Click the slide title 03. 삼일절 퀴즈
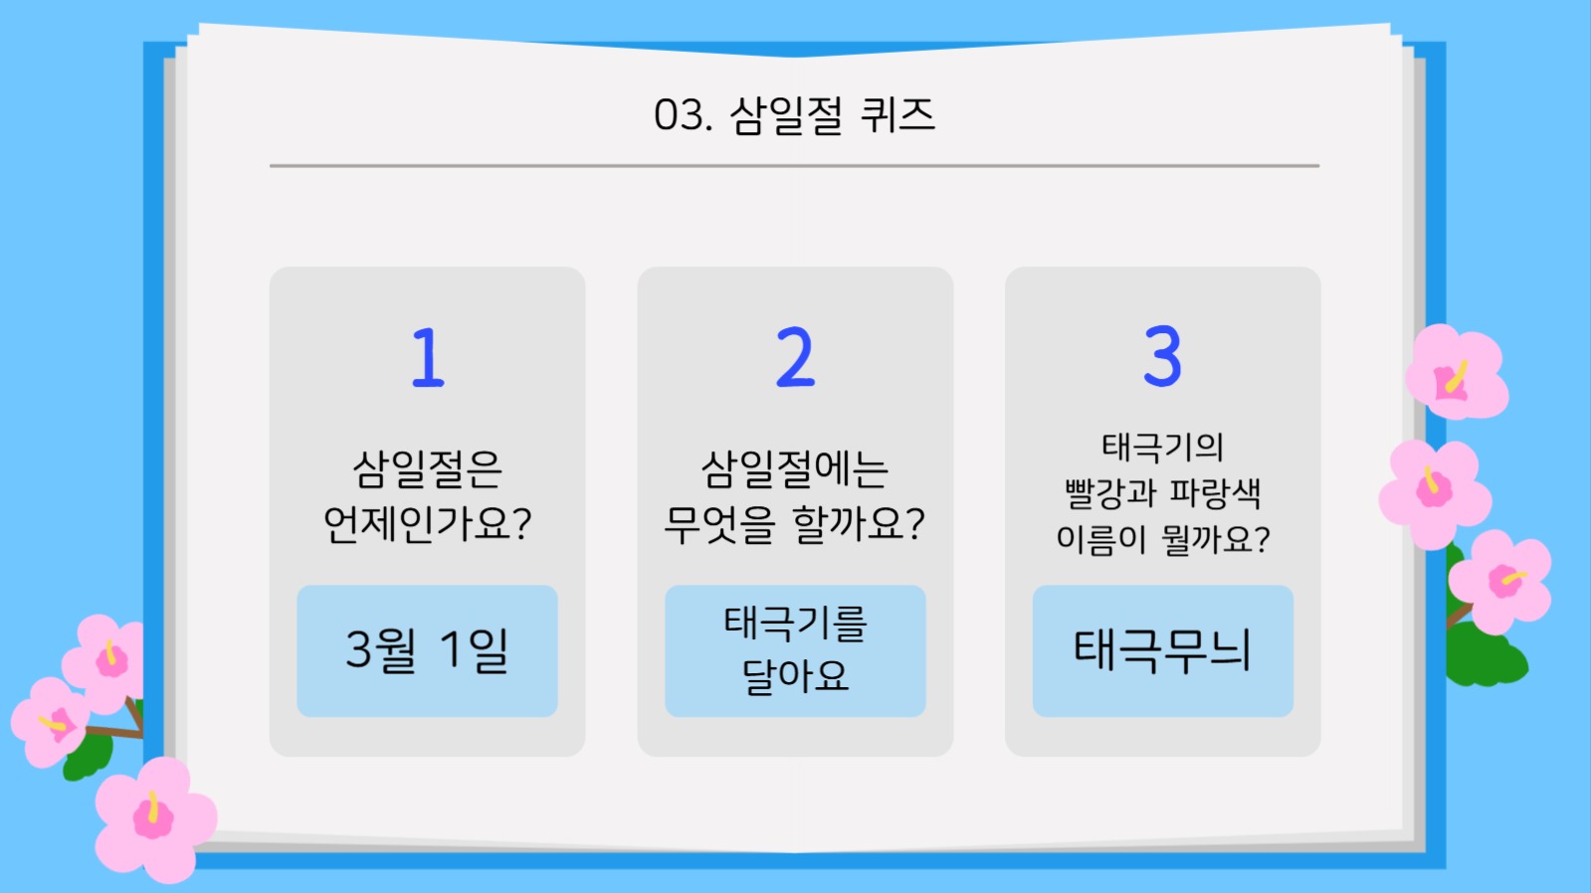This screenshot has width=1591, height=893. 794,115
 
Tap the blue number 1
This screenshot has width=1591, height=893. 428,358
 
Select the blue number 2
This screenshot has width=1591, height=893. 795,358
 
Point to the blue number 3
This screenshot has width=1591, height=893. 1162,357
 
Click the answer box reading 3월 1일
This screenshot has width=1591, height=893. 427,651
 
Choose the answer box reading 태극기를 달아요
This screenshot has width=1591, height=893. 795,651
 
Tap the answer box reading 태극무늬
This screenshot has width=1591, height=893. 1162,651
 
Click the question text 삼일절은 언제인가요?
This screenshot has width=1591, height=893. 427,496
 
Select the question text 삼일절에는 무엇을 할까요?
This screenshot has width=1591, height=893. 795,496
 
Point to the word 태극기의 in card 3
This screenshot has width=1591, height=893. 1162,447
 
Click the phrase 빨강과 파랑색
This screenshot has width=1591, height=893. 1162,493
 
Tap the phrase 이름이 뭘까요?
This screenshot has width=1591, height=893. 1162,539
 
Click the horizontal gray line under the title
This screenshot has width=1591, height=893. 794,166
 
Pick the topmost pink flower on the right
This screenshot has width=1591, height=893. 1456,374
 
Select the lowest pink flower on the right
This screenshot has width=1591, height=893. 1500,582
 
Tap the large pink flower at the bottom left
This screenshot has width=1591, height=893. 154,819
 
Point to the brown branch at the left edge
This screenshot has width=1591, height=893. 114,730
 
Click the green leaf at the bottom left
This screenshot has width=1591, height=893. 88,758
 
